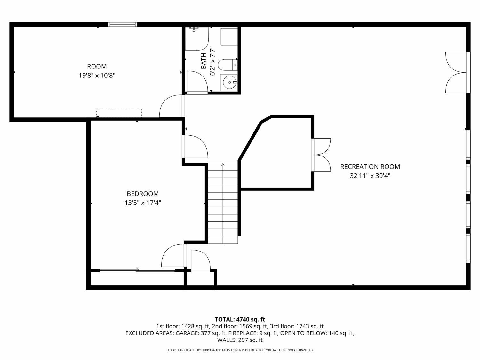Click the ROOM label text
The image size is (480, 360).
(x=97, y=66)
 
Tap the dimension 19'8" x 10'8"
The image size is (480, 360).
(x=97, y=76)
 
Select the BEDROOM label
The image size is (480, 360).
(x=143, y=194)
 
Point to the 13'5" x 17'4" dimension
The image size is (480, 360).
(x=143, y=203)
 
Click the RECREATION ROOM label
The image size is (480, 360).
(x=370, y=167)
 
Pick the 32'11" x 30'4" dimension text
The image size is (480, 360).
(x=370, y=176)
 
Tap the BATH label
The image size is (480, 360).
(x=204, y=61)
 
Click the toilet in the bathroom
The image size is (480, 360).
(x=228, y=65)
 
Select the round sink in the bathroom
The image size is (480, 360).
(x=229, y=82)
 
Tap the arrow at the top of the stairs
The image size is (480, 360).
(x=223, y=165)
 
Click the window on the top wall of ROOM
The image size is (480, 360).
(x=123, y=24)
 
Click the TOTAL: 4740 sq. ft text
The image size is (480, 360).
(x=240, y=320)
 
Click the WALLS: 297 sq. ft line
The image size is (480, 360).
(x=240, y=340)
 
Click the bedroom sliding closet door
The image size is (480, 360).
(x=137, y=271)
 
